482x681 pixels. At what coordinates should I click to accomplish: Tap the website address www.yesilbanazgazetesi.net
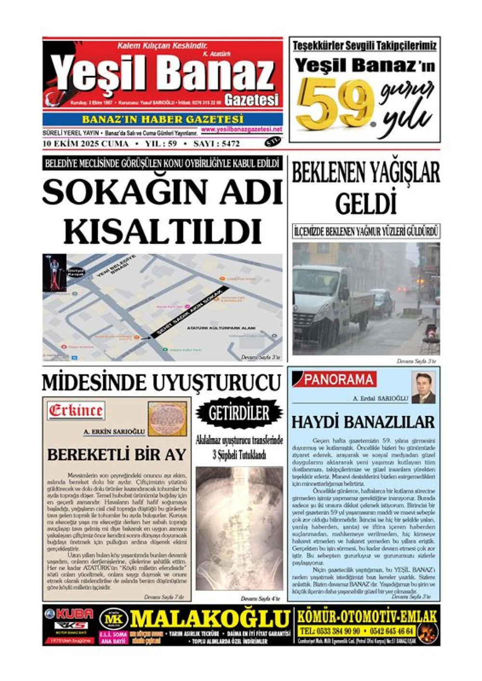tap(241, 130)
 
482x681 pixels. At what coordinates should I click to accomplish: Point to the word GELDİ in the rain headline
tap(366, 203)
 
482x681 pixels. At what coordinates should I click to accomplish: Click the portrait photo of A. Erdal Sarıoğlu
tap(424, 387)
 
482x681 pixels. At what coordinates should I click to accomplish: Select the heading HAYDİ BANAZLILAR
tap(363, 422)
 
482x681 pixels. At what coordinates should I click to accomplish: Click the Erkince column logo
tap(76, 411)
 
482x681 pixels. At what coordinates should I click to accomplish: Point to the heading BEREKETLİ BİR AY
tap(117, 454)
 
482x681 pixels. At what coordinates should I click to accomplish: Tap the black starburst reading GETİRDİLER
tap(239, 413)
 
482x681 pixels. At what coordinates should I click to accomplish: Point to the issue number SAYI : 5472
tap(216, 144)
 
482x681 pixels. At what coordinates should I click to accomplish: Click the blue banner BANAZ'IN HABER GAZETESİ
tap(162, 119)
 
